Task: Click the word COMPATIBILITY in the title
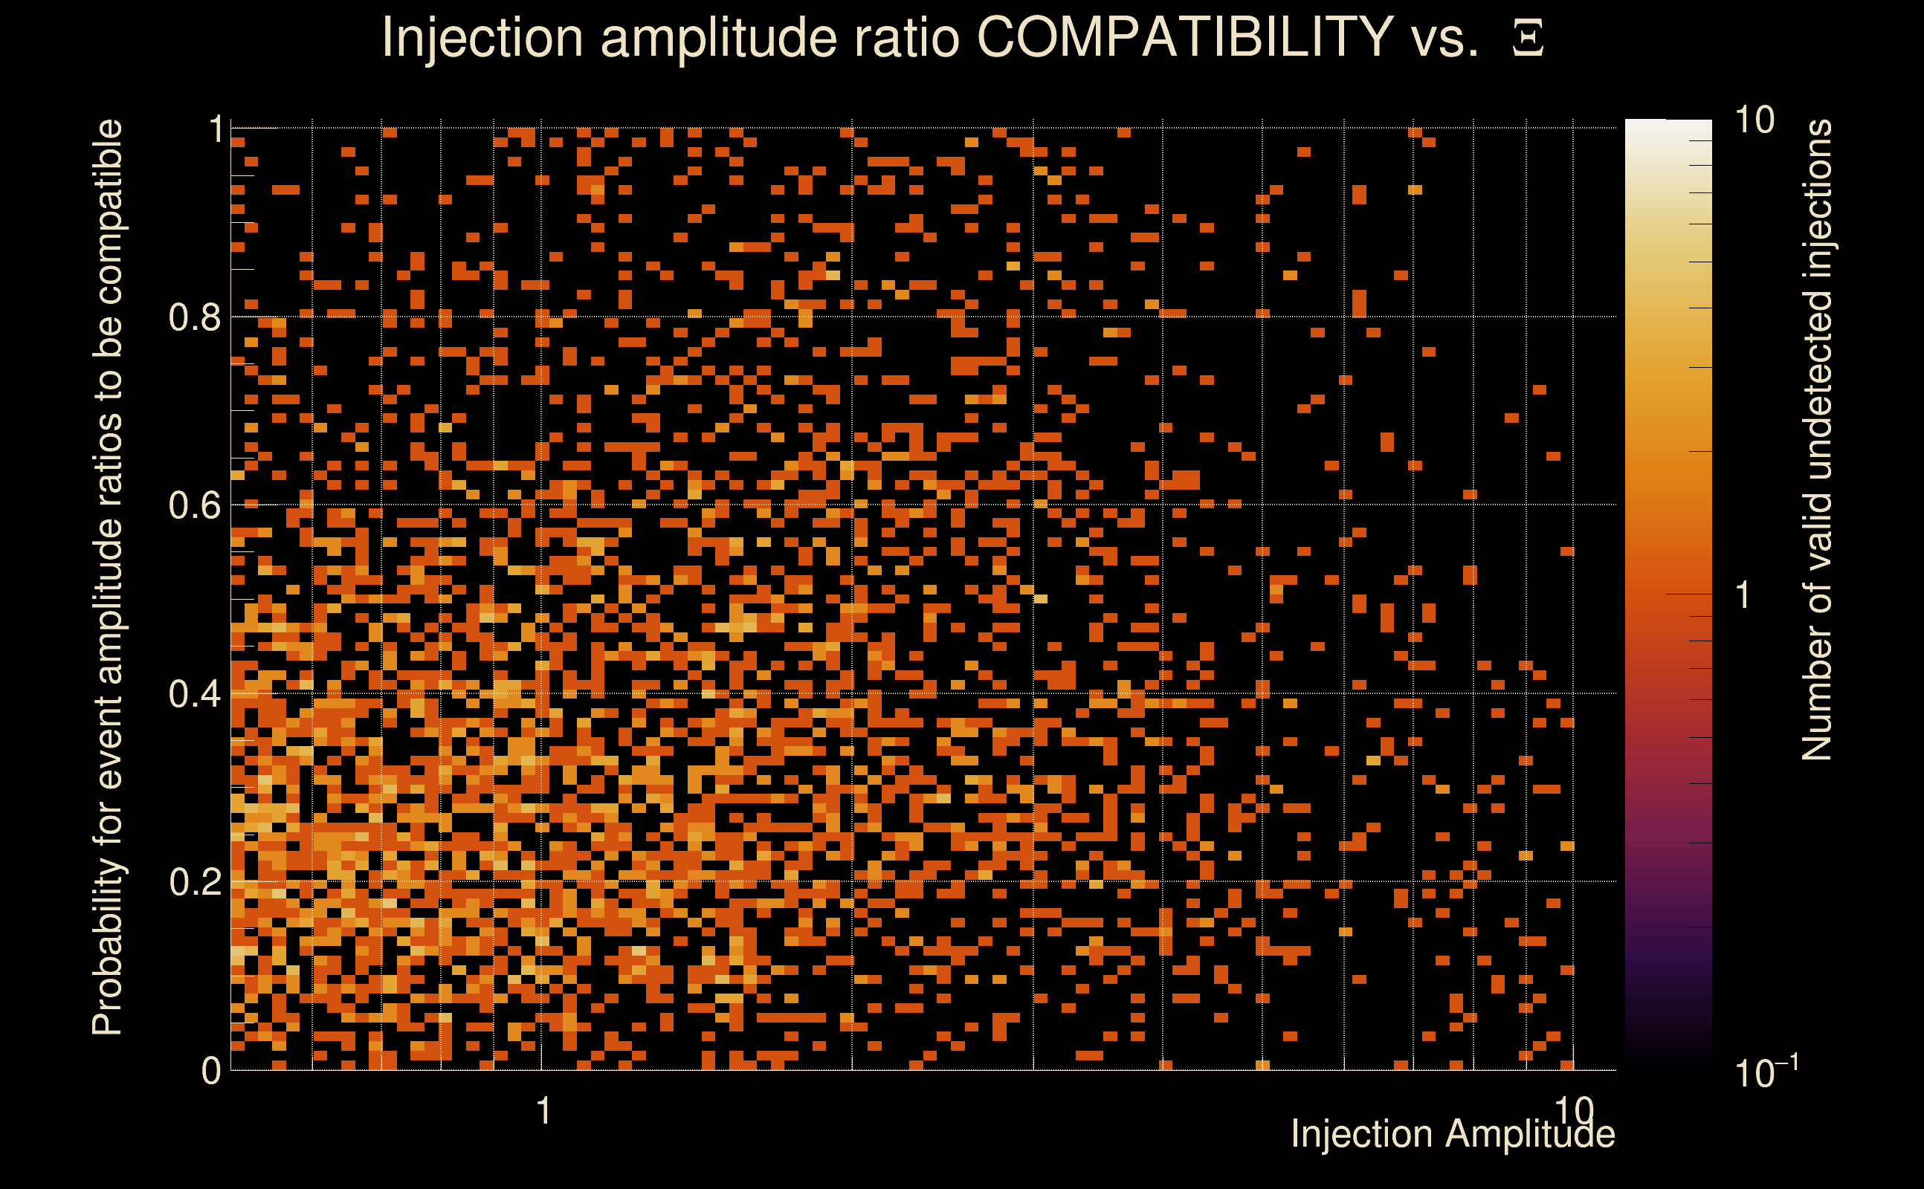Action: [x=1184, y=37]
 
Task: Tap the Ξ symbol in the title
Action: [x=1528, y=39]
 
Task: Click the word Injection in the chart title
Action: [x=482, y=39]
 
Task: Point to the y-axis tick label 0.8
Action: [x=195, y=318]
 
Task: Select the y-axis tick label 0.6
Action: [x=195, y=505]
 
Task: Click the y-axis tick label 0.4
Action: [x=195, y=694]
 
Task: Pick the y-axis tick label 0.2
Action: [x=195, y=882]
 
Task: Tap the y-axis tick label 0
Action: [x=211, y=1071]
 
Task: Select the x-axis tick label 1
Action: [x=543, y=1111]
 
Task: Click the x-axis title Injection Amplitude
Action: [x=1453, y=1135]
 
